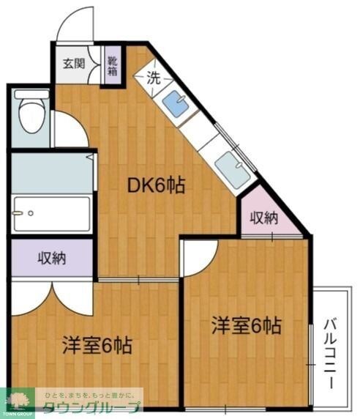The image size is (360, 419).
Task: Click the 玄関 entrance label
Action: point(73,63)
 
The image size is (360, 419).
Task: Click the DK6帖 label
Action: point(156,186)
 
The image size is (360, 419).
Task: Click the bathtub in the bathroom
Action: point(50,214)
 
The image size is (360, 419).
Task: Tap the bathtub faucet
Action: point(31,214)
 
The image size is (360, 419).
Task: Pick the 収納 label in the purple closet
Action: point(52,258)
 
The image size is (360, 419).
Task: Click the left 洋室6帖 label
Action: point(97,344)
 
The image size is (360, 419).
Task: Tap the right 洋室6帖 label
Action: point(247,325)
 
